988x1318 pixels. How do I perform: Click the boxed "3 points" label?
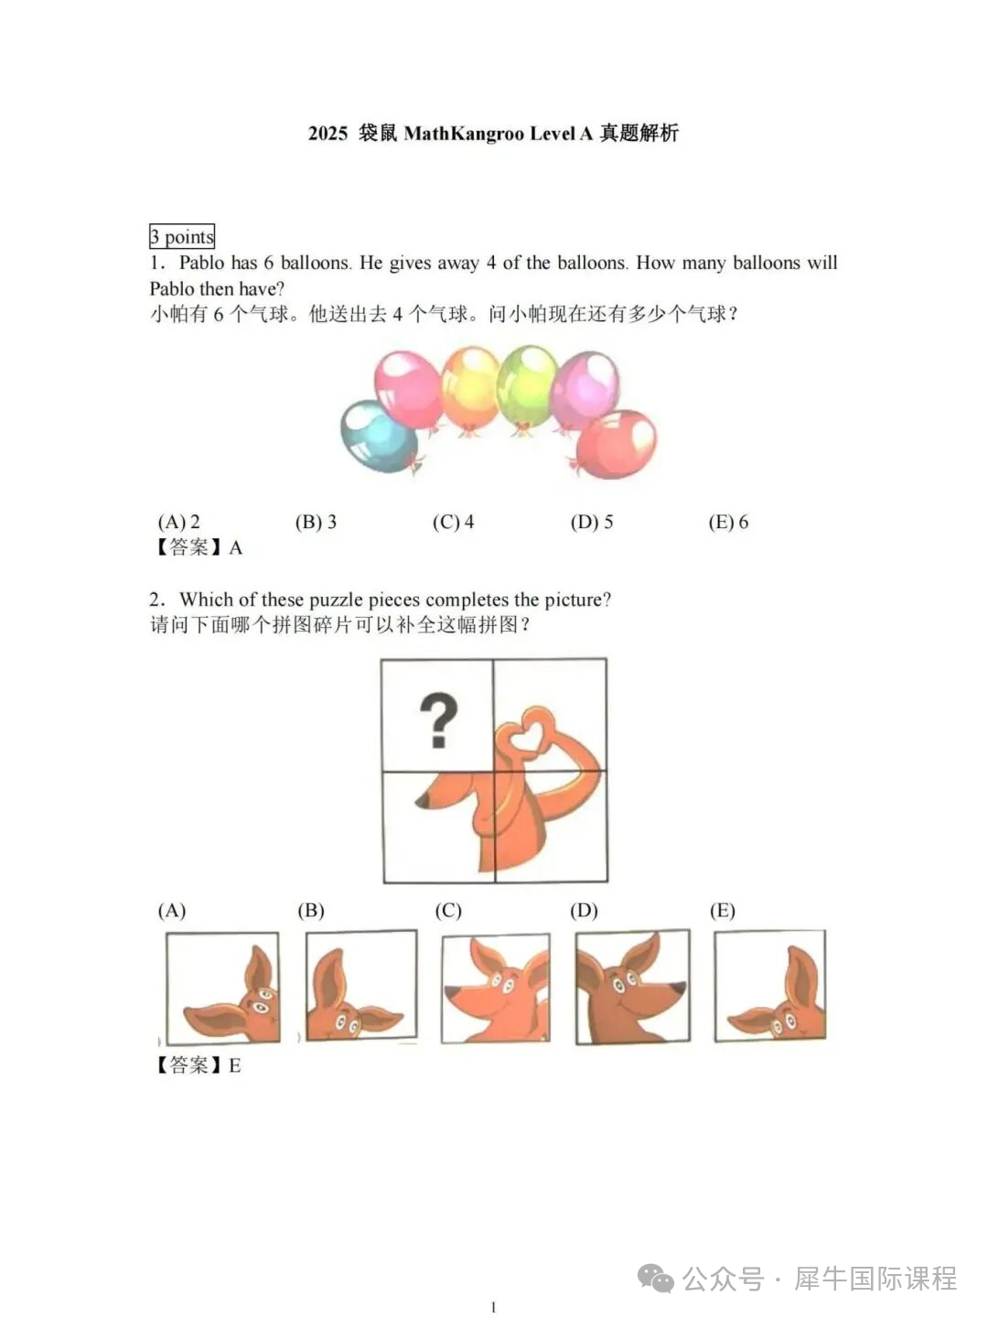182,236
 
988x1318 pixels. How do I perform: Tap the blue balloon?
379,437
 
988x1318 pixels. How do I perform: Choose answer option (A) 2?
178,522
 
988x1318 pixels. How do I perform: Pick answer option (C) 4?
454,522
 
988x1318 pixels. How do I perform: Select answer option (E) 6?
728,522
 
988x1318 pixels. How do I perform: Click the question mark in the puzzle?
438,720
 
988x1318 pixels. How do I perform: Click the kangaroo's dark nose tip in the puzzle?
421,800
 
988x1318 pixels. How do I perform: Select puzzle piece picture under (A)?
222,988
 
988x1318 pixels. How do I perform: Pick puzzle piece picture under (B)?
361,986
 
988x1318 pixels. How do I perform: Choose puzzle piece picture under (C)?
496,988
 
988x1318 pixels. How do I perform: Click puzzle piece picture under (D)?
633,988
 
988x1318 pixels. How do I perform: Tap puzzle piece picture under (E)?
770,986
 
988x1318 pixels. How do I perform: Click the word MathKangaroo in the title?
464,134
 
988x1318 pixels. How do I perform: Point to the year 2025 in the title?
328,134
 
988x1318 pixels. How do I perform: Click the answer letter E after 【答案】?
234,1066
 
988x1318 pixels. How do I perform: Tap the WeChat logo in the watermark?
656,1279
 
